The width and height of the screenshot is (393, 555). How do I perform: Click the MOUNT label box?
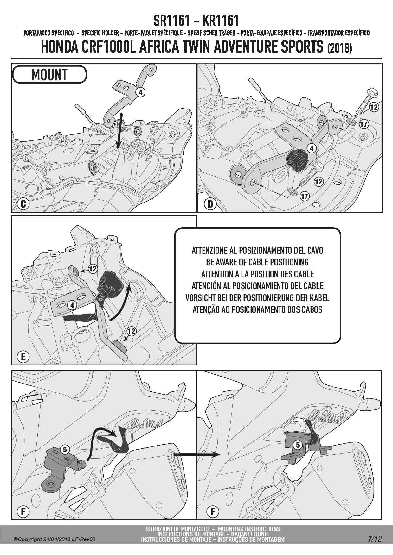click(x=49, y=75)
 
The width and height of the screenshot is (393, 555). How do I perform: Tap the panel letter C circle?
click(x=23, y=204)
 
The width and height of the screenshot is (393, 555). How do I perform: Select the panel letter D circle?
click(x=210, y=204)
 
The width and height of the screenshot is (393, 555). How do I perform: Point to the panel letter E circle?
click(x=23, y=357)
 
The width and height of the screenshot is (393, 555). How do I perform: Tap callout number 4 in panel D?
click(x=312, y=148)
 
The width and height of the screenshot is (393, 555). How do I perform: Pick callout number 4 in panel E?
click(x=72, y=305)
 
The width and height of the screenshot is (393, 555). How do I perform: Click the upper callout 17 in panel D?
click(x=364, y=124)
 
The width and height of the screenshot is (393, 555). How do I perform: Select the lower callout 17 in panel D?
click(x=305, y=196)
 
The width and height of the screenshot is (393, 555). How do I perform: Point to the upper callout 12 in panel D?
click(x=374, y=107)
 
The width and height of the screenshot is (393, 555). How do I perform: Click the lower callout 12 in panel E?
click(x=131, y=331)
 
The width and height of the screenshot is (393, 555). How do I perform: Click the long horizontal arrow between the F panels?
click(x=196, y=454)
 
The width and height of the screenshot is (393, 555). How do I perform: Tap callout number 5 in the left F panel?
click(x=65, y=449)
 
